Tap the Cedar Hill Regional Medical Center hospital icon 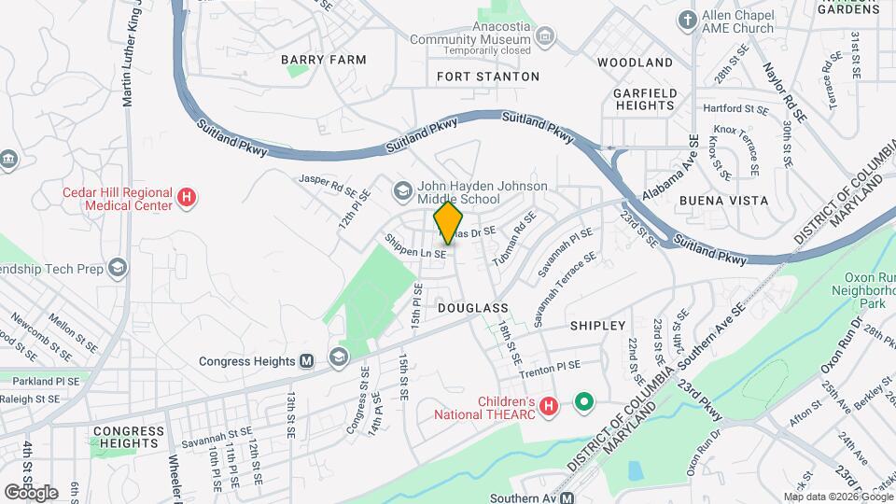coord(187,198)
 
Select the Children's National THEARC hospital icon coord(549,407)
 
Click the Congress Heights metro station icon coord(306,361)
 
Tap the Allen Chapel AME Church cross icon coord(688,21)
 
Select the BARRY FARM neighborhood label coord(324,60)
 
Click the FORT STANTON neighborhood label coord(487,77)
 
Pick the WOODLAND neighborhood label coord(635,63)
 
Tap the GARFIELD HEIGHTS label coord(644,99)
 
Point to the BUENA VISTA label coord(723,201)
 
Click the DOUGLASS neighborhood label coord(471,307)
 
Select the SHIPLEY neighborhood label coord(597,326)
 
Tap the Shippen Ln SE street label coord(417,247)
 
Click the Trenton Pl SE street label coord(550,365)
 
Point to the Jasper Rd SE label coord(328,183)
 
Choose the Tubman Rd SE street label coord(511,240)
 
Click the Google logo coord(32,492)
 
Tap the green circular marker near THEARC coord(584,402)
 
